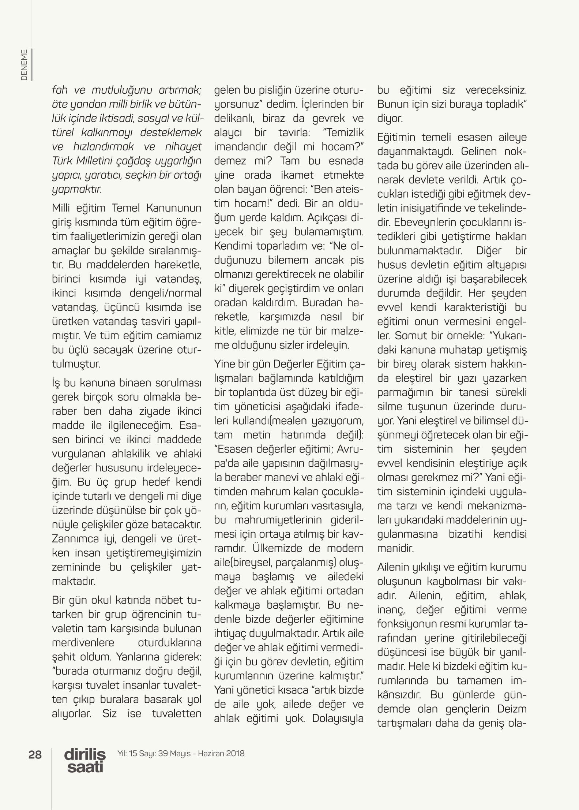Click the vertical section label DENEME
[25, 65]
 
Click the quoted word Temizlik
[343, 133]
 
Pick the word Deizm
[512, 709]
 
